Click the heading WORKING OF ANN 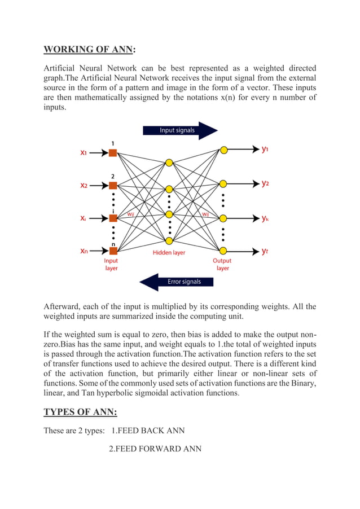point(89,49)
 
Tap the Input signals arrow point(179,130)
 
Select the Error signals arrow point(179,281)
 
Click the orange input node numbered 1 point(113,152)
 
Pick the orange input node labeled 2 point(113,185)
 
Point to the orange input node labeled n point(113,251)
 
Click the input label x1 point(84,152)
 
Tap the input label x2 point(84,185)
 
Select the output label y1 point(265,150)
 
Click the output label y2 point(265,183)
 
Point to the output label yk point(265,218)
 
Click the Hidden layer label point(169,253)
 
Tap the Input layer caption point(111,264)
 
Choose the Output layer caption point(222,264)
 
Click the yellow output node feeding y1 point(224,150)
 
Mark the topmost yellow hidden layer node point(169,163)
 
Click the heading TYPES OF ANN point(80,413)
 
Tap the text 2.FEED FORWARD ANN point(155,449)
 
